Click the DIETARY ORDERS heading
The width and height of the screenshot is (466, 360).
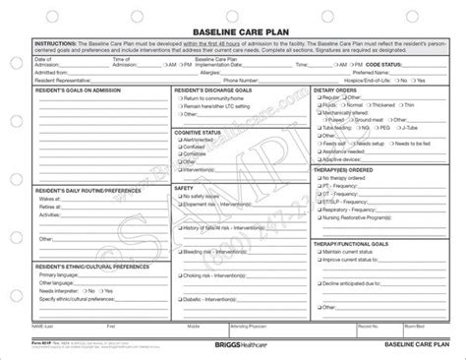coord(337,90)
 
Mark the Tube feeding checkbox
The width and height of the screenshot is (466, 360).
coord(317,128)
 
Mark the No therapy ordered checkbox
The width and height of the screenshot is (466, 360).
coord(317,182)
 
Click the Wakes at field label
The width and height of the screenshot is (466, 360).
coord(49,197)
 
